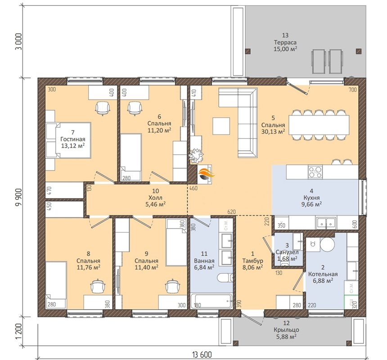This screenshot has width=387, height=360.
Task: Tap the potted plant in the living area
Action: pos(197,156)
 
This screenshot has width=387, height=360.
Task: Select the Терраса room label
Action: pos(285,42)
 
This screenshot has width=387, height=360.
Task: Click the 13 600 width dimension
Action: pos(202,355)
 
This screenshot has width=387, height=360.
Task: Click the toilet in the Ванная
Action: pos(225,278)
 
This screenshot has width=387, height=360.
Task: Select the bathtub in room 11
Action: pos(212,301)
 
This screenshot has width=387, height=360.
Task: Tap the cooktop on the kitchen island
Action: pos(315,172)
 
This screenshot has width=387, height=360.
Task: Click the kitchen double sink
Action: pos(326,223)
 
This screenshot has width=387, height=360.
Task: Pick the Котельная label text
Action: pos(323,274)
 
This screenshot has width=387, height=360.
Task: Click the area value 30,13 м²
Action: pos(273,131)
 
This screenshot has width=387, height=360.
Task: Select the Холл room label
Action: pos(156,198)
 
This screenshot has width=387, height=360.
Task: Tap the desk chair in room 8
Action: pos(98,286)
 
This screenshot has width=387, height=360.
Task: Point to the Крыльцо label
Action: pos(286,330)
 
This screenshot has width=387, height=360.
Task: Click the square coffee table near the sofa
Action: pos(221,126)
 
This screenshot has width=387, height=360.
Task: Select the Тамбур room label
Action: pos(252,261)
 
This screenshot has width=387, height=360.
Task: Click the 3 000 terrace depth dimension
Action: pos(19,41)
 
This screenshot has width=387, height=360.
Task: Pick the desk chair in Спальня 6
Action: pos(135,108)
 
